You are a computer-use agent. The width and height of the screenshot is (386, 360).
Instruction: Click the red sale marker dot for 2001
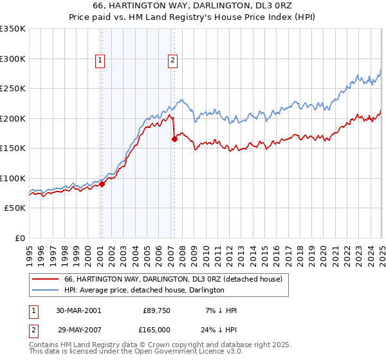102,184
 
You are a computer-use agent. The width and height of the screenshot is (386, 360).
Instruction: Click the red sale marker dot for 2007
174,139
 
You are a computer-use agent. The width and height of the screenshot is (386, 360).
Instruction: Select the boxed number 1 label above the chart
101,61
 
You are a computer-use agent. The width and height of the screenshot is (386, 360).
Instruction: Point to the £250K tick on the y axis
12,89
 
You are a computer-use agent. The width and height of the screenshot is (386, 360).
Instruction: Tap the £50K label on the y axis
15,208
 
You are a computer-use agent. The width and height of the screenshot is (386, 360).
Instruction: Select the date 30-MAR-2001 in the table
78,310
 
